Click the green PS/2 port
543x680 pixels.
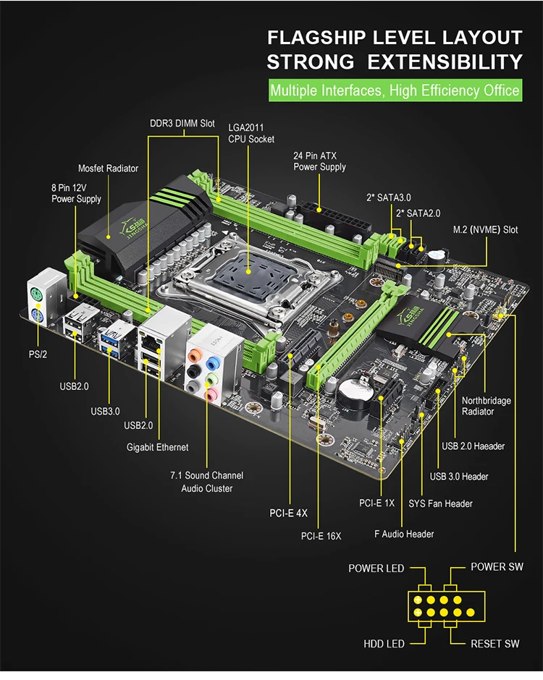tap(36, 295)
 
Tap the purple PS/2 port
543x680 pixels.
tap(36, 319)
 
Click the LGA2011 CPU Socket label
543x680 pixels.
tap(251, 133)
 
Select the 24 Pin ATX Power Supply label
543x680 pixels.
tap(319, 161)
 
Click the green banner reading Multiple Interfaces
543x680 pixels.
tap(395, 91)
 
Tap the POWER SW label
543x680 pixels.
tap(497, 566)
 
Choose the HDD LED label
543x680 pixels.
tap(384, 643)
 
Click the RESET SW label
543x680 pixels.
tap(495, 643)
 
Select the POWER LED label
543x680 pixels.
tap(376, 568)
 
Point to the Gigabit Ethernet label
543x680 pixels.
tap(157, 447)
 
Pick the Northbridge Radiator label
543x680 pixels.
tap(487, 406)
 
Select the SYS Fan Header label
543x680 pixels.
tap(439, 503)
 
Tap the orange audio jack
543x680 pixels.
tap(195, 357)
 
